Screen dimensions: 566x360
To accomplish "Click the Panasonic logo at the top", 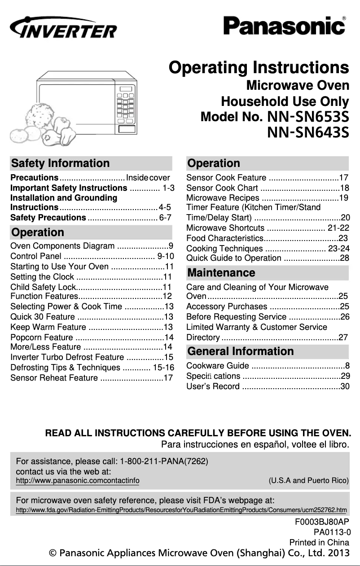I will click(x=285, y=26).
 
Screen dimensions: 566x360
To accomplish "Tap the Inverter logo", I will click(x=63, y=27).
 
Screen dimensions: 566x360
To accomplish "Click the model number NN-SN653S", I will click(x=308, y=117).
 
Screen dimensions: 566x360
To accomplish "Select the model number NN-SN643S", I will click(x=308, y=133).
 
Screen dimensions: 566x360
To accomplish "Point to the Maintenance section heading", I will click(x=221, y=273).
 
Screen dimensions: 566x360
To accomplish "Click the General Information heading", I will click(x=241, y=351).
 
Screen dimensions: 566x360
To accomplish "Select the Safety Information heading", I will click(x=61, y=163).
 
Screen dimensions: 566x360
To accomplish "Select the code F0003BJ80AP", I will click(x=322, y=522).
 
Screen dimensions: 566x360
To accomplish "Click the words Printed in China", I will click(x=319, y=542).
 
